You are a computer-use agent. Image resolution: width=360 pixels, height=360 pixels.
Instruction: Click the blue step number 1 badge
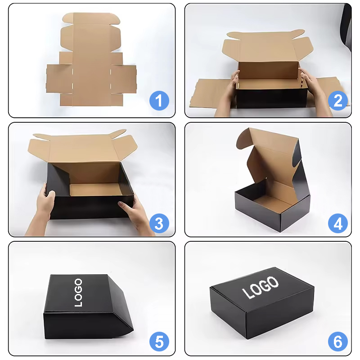pos(159,101)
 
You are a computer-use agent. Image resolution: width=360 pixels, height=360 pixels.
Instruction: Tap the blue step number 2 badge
pos(337,101)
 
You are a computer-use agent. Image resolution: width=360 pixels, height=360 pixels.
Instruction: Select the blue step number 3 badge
pos(159,223)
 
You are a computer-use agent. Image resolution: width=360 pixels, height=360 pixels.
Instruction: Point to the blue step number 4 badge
pos(337,223)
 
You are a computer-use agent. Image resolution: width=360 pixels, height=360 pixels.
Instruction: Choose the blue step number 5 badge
pos(159,342)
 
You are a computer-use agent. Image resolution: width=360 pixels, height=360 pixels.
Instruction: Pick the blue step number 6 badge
pos(337,342)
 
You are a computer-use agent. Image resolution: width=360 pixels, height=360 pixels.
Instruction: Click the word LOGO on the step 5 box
pos(78,293)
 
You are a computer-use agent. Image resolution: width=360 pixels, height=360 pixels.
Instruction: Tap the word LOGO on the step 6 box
pos(261,288)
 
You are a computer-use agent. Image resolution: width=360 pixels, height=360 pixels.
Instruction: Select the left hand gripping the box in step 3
pos(43,207)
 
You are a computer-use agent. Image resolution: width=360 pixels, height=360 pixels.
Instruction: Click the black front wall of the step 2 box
pos(271,98)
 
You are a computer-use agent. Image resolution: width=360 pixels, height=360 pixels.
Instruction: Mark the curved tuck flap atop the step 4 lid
pos(244,138)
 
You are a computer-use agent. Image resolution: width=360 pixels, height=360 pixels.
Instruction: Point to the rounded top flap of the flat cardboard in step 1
pos(91,18)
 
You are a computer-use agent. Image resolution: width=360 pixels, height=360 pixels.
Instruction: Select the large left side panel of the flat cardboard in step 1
pos(59,79)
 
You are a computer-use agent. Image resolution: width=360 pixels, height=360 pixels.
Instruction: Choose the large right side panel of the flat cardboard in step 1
pos(123,79)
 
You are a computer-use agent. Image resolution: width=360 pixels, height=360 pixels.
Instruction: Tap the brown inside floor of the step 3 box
pos(96,189)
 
